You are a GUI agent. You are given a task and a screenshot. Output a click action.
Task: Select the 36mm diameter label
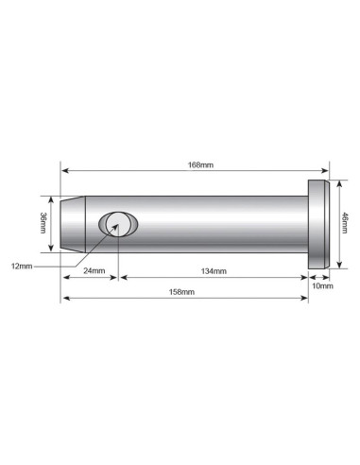point(44,224)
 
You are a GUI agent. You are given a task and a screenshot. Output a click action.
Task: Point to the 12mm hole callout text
point(22,267)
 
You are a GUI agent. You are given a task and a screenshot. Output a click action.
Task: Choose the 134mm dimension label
point(213,272)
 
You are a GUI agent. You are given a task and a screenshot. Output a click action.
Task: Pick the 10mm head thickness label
point(320,284)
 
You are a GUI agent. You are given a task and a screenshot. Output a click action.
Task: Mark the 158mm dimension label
point(180,293)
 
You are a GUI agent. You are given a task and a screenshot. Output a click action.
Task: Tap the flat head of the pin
point(318,225)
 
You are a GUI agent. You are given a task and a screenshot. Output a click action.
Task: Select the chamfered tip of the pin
point(68,225)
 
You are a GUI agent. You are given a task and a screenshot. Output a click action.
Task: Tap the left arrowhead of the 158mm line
point(64,299)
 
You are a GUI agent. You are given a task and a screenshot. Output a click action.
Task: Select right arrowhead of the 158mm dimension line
point(306,299)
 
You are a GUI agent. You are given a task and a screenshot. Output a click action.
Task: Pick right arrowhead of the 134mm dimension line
point(306,278)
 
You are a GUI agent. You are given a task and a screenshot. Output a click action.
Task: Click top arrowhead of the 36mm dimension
point(53,198)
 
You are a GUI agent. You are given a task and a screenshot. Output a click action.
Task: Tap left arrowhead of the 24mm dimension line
point(64,278)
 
